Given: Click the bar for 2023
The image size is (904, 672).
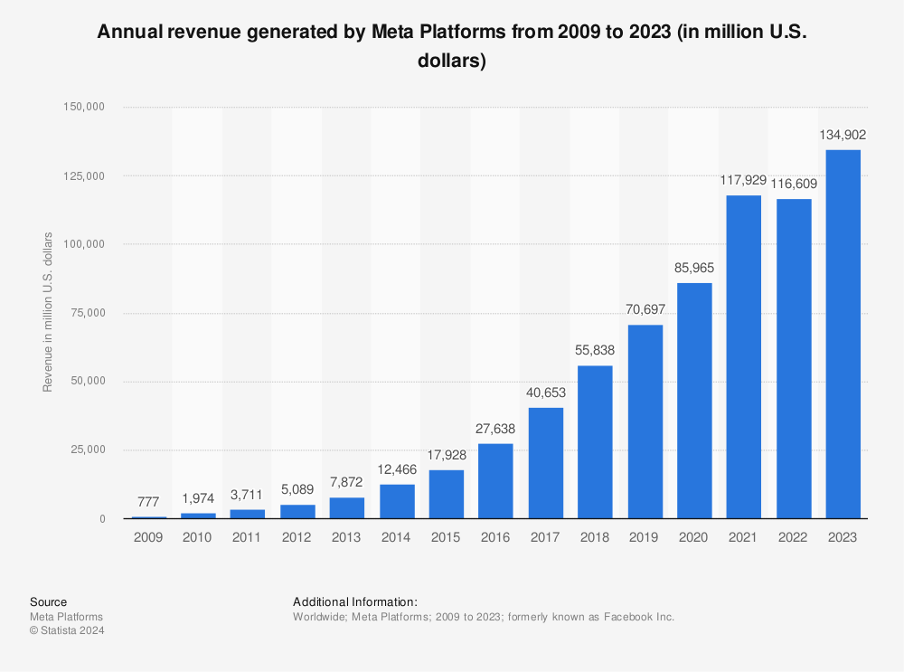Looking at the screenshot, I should click(x=843, y=335).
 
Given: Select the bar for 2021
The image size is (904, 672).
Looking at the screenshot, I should click(x=744, y=357).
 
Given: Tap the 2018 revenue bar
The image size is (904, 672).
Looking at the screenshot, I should click(x=595, y=442).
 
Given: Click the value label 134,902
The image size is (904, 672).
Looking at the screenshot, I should click(x=843, y=135).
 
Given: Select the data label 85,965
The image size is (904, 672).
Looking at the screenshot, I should click(x=694, y=268).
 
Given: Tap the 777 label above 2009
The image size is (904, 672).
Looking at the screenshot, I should click(x=148, y=501).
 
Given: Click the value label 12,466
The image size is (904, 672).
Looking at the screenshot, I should click(x=396, y=469).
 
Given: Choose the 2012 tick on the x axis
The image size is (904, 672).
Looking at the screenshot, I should click(x=297, y=536).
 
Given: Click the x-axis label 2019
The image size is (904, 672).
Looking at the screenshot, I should click(x=645, y=536).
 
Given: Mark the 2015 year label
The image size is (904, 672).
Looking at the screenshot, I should click(x=446, y=536).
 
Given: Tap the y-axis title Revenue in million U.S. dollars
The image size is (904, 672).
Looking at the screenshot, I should click(x=48, y=313).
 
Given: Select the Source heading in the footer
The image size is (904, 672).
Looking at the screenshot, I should click(x=48, y=602).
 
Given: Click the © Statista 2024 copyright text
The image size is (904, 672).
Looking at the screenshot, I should click(x=67, y=631).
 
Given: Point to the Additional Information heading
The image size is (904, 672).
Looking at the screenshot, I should click(x=355, y=602).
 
